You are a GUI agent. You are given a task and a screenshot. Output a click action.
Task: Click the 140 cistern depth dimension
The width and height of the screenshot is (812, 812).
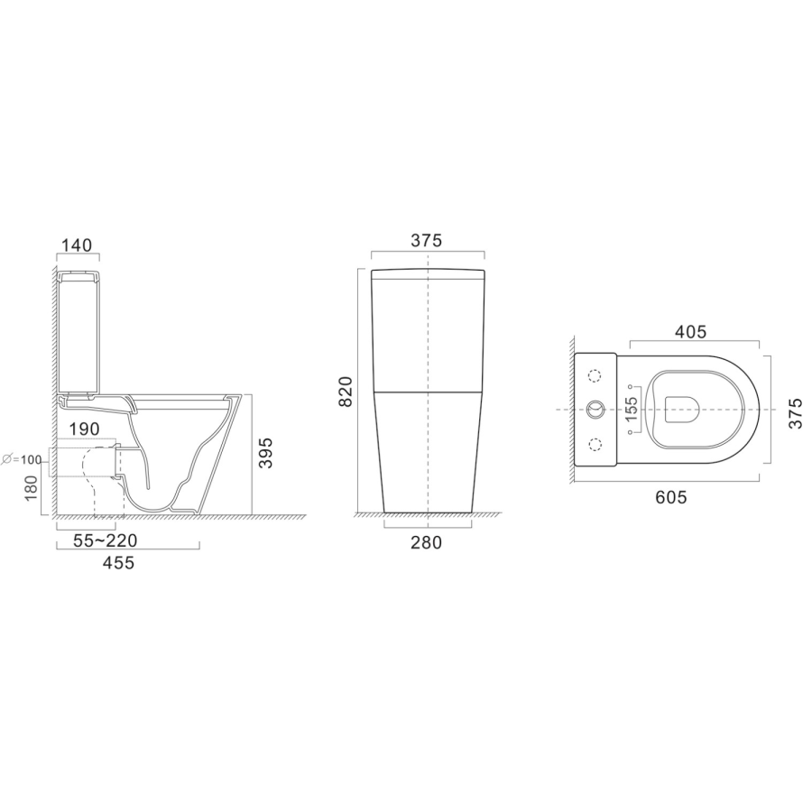point(78,245)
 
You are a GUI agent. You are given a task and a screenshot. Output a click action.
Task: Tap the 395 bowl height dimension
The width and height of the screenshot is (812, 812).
point(265,453)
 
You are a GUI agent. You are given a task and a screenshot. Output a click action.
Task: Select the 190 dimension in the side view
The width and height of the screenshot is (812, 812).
point(85,429)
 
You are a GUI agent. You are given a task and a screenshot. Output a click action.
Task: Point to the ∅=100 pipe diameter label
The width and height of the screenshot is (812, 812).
point(22,459)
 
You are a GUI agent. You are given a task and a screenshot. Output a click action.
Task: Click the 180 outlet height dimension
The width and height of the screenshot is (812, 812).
point(31,489)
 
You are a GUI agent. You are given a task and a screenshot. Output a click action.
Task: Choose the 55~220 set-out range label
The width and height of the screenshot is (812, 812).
point(106,540)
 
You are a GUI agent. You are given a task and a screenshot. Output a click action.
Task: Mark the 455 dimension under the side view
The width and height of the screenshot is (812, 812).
point(118,562)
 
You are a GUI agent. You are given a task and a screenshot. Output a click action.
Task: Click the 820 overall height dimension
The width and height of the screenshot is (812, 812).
point(346,392)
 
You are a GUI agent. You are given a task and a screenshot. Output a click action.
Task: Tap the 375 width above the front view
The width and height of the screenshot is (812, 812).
point(427,241)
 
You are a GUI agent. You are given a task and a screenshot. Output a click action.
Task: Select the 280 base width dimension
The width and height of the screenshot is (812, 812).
point(427,543)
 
